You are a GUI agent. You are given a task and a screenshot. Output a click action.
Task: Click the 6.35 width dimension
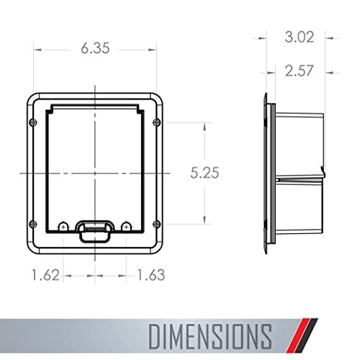(95, 48)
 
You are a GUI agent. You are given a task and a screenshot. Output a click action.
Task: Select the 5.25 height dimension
(204, 173)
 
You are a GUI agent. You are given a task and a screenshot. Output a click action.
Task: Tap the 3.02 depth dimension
(300, 37)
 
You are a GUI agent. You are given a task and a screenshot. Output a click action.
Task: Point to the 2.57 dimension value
(299, 71)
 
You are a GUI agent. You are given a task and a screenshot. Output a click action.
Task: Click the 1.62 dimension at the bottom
(45, 275)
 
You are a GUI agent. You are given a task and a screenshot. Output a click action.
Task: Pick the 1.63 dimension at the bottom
(151, 275)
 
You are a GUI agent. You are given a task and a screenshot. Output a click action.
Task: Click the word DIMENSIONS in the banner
(210, 336)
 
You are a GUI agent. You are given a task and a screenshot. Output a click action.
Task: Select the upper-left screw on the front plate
(33, 122)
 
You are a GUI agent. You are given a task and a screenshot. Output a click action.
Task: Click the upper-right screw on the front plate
(156, 122)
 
